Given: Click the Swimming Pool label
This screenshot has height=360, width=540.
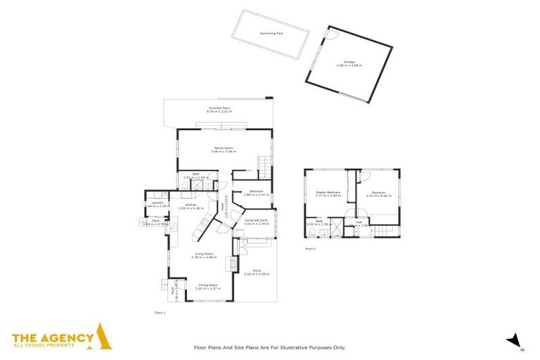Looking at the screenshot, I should [271, 33].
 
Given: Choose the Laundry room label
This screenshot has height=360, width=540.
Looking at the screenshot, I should [157, 204].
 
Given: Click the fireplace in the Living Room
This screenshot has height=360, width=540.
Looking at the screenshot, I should [228, 263].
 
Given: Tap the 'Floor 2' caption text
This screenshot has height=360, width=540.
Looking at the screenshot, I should [310, 248].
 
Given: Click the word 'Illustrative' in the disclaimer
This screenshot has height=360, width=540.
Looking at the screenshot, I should [302, 347].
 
